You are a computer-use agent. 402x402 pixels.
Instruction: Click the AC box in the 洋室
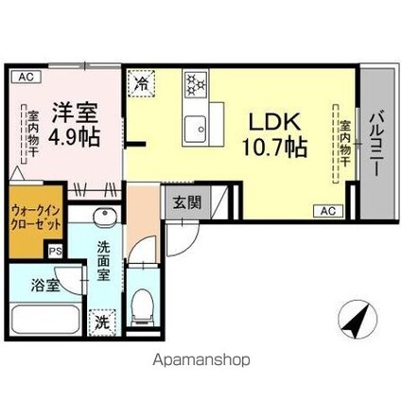24,76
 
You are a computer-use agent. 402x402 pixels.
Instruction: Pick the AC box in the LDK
329,210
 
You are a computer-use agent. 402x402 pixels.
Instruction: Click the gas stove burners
197,84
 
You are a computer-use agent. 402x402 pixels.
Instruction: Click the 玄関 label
184,201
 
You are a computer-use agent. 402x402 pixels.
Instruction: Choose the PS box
54,253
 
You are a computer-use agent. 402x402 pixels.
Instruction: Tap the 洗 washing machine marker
102,323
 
